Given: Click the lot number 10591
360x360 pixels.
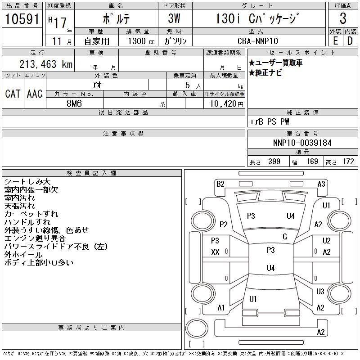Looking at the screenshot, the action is click(x=22, y=19).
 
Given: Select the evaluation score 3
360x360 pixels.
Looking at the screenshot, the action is click(x=343, y=19).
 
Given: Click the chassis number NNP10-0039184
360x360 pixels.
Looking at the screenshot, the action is click(x=302, y=143).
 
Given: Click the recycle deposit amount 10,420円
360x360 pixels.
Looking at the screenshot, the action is click(x=224, y=104).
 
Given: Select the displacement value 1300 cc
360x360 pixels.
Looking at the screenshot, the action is click(x=139, y=41).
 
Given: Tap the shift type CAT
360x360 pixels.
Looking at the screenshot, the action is click(x=13, y=94).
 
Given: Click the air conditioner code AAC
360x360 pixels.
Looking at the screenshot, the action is click(x=35, y=94).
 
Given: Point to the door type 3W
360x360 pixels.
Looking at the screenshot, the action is click(x=175, y=19).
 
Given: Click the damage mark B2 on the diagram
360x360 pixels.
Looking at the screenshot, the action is click(x=220, y=184).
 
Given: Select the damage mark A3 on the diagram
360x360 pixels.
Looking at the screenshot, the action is click(x=321, y=184).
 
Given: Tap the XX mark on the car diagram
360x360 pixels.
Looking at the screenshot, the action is click(x=215, y=252).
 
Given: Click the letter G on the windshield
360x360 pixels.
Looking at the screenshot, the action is click(x=284, y=237).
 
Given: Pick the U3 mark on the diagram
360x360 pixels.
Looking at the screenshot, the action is click(x=320, y=292).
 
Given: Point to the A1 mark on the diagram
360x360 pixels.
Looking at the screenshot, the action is click(x=221, y=308).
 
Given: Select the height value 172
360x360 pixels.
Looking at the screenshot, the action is click(x=348, y=162).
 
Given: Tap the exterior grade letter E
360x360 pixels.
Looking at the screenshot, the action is click(x=335, y=41).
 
